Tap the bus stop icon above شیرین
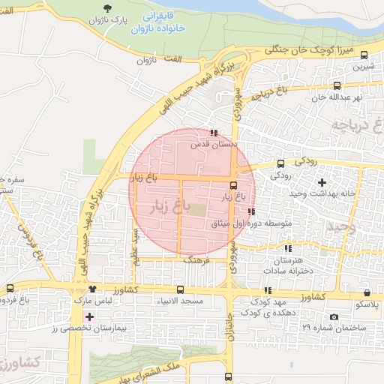(x=364, y=55)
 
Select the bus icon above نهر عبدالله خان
(x=337, y=85)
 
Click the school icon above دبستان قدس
(x=214, y=132)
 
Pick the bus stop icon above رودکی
(x=280, y=163)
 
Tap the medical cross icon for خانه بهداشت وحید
(x=322, y=182)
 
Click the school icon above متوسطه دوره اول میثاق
(x=250, y=211)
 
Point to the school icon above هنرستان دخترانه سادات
(x=287, y=248)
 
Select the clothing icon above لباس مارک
(x=92, y=289)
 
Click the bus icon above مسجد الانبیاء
(x=180, y=289)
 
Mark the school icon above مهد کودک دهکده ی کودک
(x=268, y=290)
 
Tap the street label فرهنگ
(x=196, y=259)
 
